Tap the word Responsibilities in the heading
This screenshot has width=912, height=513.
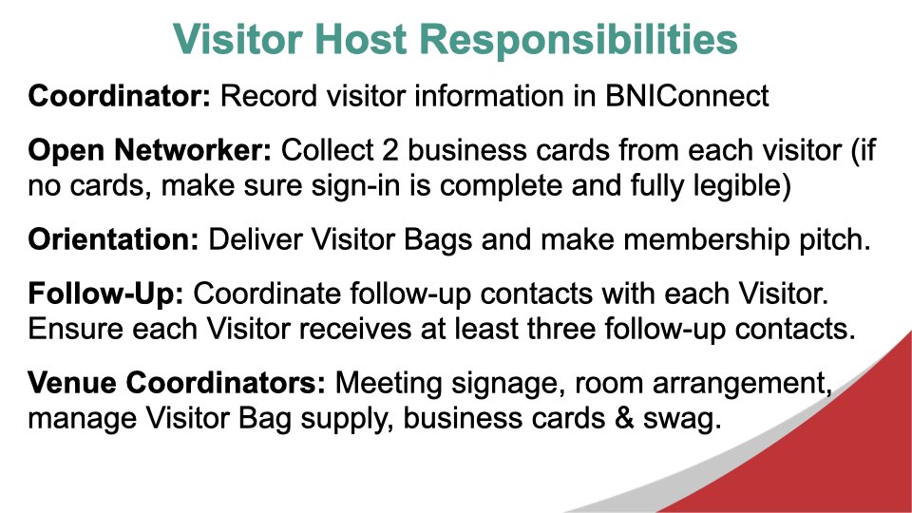pyautogui.click(x=579, y=41)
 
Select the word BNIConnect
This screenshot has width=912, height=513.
pyautogui.click(x=687, y=96)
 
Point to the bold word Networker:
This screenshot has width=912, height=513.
pyautogui.click(x=193, y=150)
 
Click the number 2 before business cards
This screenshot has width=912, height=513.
pyautogui.click(x=389, y=150)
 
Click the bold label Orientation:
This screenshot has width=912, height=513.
pyautogui.click(x=113, y=239)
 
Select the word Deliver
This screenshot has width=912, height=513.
pyautogui.click(x=256, y=239)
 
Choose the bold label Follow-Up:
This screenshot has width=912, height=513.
pyautogui.click(x=105, y=294)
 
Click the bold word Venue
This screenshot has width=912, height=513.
pyautogui.click(x=72, y=383)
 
